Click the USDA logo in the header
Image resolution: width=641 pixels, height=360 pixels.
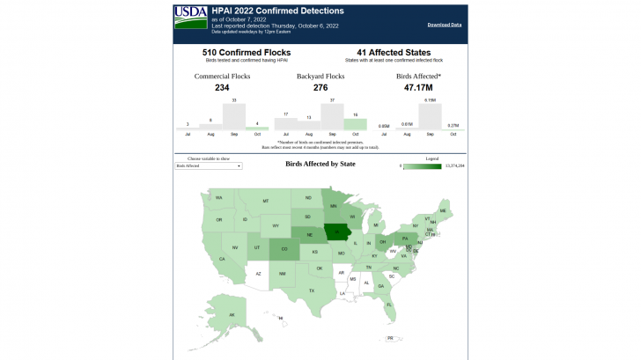190,13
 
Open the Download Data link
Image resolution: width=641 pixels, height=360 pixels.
445,25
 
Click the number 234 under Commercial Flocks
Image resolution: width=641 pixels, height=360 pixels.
222,88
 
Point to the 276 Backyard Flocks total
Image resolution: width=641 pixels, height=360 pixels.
320,88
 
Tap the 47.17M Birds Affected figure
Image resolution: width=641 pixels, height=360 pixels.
419,88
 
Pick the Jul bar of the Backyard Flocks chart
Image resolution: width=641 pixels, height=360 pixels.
286,124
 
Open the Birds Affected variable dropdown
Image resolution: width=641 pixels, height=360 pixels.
209,165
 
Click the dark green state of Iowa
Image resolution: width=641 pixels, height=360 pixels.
336,232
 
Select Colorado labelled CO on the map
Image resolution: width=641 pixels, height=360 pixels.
284,249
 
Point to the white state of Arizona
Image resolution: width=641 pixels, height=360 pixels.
258,274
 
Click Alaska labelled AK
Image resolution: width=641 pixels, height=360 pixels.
232,314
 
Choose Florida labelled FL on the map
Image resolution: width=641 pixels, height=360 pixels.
389,305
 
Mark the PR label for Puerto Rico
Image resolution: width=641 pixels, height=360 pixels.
389,338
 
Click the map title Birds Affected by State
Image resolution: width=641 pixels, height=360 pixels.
320,164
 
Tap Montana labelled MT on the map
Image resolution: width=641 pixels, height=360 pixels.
265,202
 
